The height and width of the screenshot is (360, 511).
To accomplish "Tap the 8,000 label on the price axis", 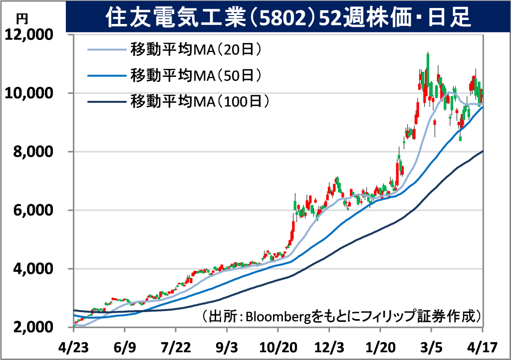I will click(x=32, y=152).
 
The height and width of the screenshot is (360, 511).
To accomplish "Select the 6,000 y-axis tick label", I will click(x=32, y=210).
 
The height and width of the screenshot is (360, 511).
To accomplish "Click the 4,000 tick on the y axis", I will click(x=32, y=269).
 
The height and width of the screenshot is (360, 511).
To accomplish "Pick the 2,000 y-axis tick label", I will click(x=32, y=328).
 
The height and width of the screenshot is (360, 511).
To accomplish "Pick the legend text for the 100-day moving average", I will click(x=200, y=101).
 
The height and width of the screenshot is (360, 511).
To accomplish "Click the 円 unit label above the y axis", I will click(x=22, y=19).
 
